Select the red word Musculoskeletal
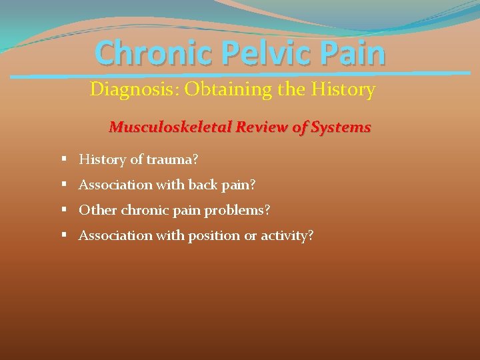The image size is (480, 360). coord(165,127)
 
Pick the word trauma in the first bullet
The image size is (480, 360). coord(171,159)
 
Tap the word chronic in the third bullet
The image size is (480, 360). coord(141,210)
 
